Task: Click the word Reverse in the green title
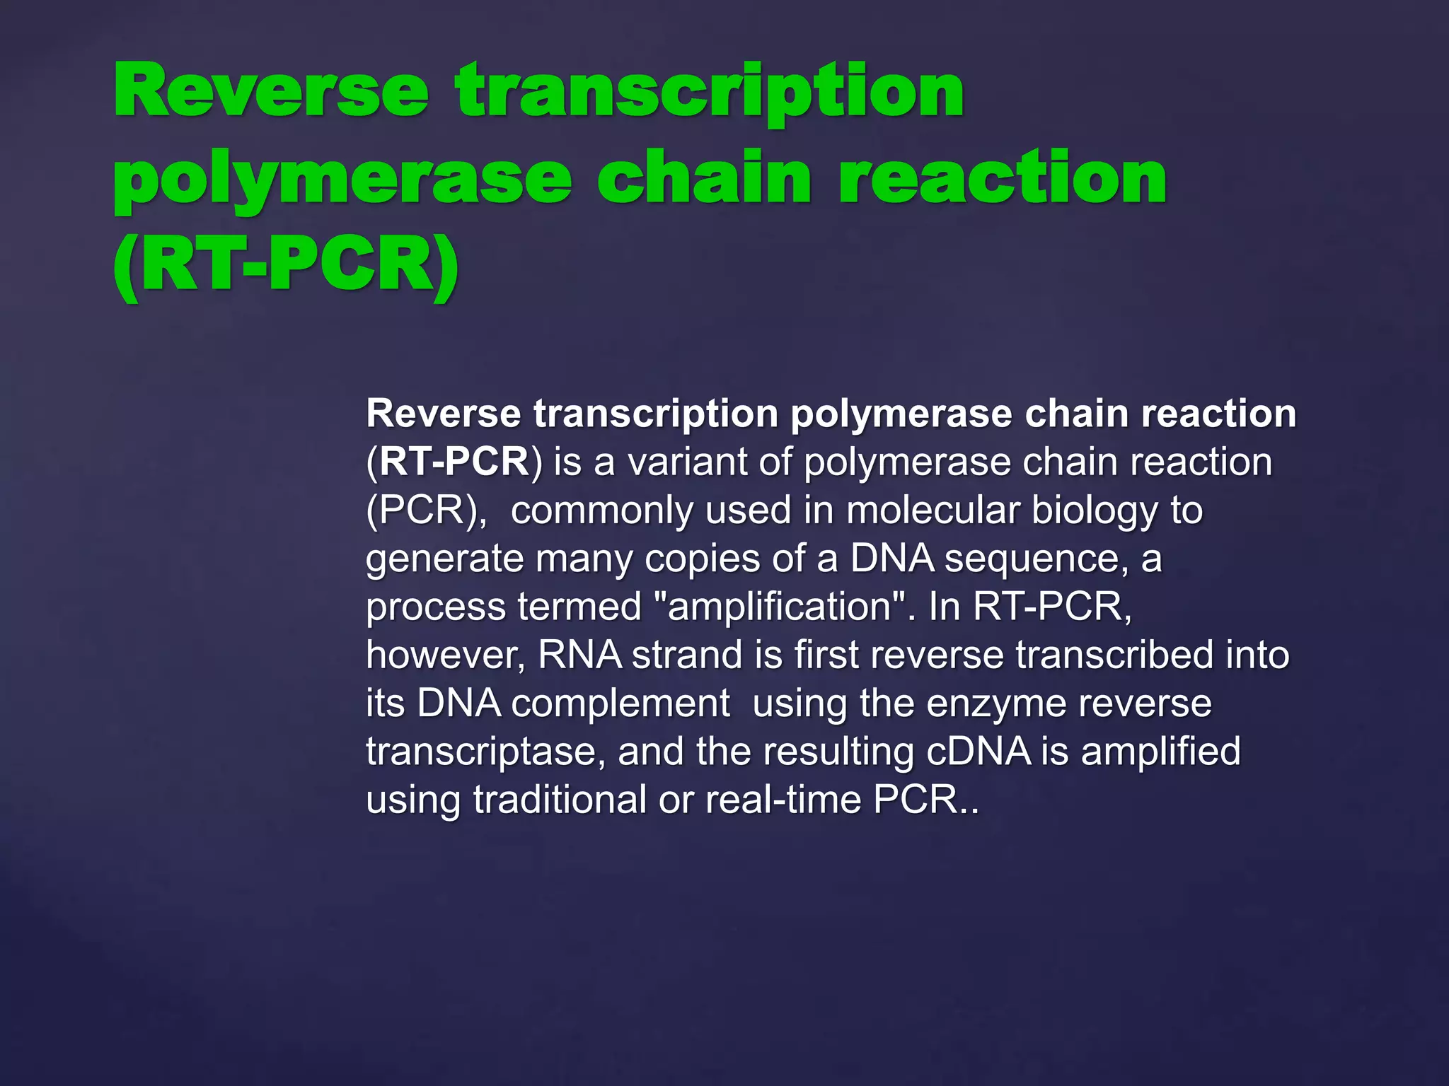click(x=271, y=92)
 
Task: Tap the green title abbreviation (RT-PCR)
click(x=286, y=266)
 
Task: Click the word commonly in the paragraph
click(x=601, y=510)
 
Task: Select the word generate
click(x=444, y=559)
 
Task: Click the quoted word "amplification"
click(x=780, y=607)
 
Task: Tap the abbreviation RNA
click(x=579, y=655)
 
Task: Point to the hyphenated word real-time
click(x=783, y=800)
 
